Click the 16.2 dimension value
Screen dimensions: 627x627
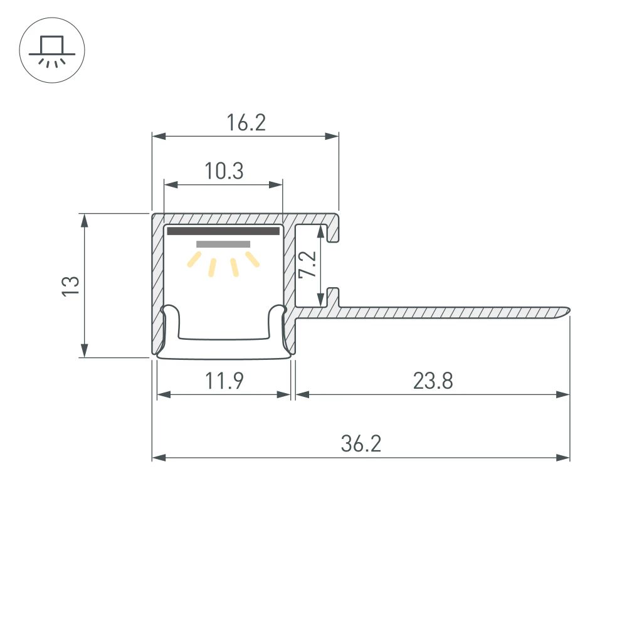[x=246, y=123]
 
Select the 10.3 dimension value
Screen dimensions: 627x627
[x=223, y=171]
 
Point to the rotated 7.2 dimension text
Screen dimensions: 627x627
[x=307, y=265]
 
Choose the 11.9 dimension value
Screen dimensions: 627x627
[x=224, y=381]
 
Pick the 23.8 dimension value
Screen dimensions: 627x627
[x=433, y=381]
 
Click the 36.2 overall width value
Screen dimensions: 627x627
[x=361, y=444]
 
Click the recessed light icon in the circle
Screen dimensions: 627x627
[x=52, y=50]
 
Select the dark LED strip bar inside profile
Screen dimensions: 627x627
[x=223, y=231]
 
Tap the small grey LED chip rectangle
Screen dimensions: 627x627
[x=223, y=244]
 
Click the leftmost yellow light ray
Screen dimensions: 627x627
[x=194, y=260]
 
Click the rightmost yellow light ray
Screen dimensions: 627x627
[x=253, y=259]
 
